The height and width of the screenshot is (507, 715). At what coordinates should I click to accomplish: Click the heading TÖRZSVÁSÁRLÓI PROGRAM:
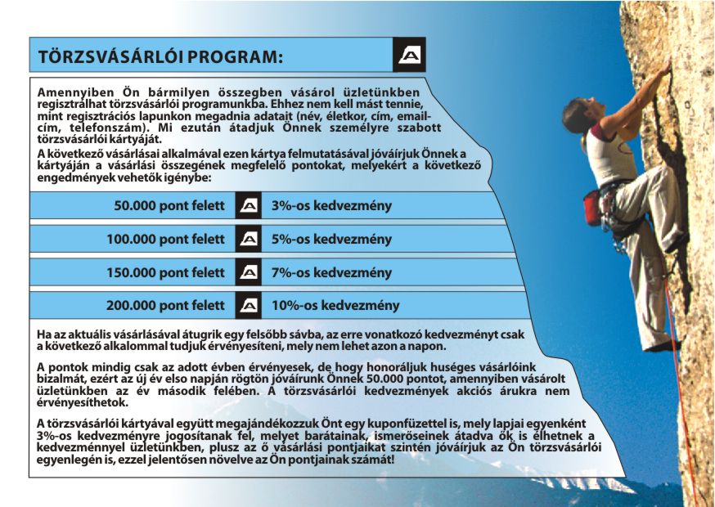coord(160,56)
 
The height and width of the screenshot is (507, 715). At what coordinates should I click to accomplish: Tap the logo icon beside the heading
coord(409,55)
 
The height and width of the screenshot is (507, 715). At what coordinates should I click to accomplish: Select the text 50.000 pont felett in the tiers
coord(169,206)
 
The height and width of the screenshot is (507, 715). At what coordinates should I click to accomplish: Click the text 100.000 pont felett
coord(165,240)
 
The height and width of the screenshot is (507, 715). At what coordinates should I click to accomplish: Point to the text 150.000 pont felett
coord(165,272)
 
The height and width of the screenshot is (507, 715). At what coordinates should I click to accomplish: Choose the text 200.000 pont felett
coord(165,306)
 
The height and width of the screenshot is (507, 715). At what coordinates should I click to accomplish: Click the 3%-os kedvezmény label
coord(331,206)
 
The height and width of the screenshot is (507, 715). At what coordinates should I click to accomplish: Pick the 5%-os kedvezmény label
coord(331,240)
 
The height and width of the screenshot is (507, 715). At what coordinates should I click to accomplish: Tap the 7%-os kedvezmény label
coord(331,272)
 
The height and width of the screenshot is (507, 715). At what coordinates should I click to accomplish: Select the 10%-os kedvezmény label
coord(335,306)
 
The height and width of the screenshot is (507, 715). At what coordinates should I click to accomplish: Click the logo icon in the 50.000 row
coord(249,206)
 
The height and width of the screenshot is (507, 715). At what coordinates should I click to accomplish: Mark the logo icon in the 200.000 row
coord(249,306)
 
